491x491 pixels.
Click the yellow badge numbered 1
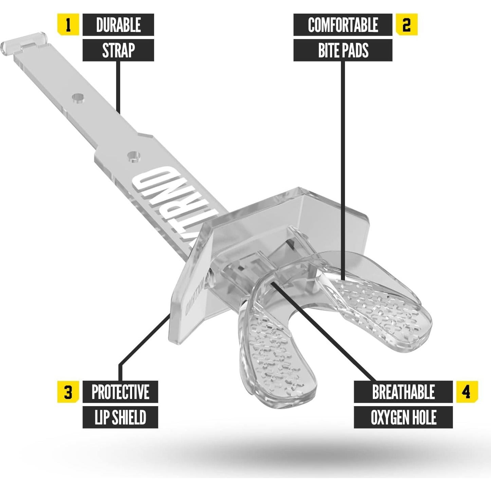tap(68, 25)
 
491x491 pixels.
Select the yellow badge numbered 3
tap(68, 392)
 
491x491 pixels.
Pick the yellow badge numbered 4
tap(467, 392)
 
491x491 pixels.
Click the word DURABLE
tap(118, 25)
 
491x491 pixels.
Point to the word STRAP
tap(118, 50)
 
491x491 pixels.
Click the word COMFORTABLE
tap(343, 25)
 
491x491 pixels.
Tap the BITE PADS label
tap(343, 50)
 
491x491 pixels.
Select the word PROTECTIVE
tap(120, 392)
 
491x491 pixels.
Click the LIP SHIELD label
tap(120, 417)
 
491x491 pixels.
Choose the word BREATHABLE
tap(403, 392)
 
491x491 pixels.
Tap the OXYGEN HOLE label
tap(403, 417)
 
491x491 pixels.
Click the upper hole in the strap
tap(78, 98)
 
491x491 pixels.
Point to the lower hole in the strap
tap(134, 156)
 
